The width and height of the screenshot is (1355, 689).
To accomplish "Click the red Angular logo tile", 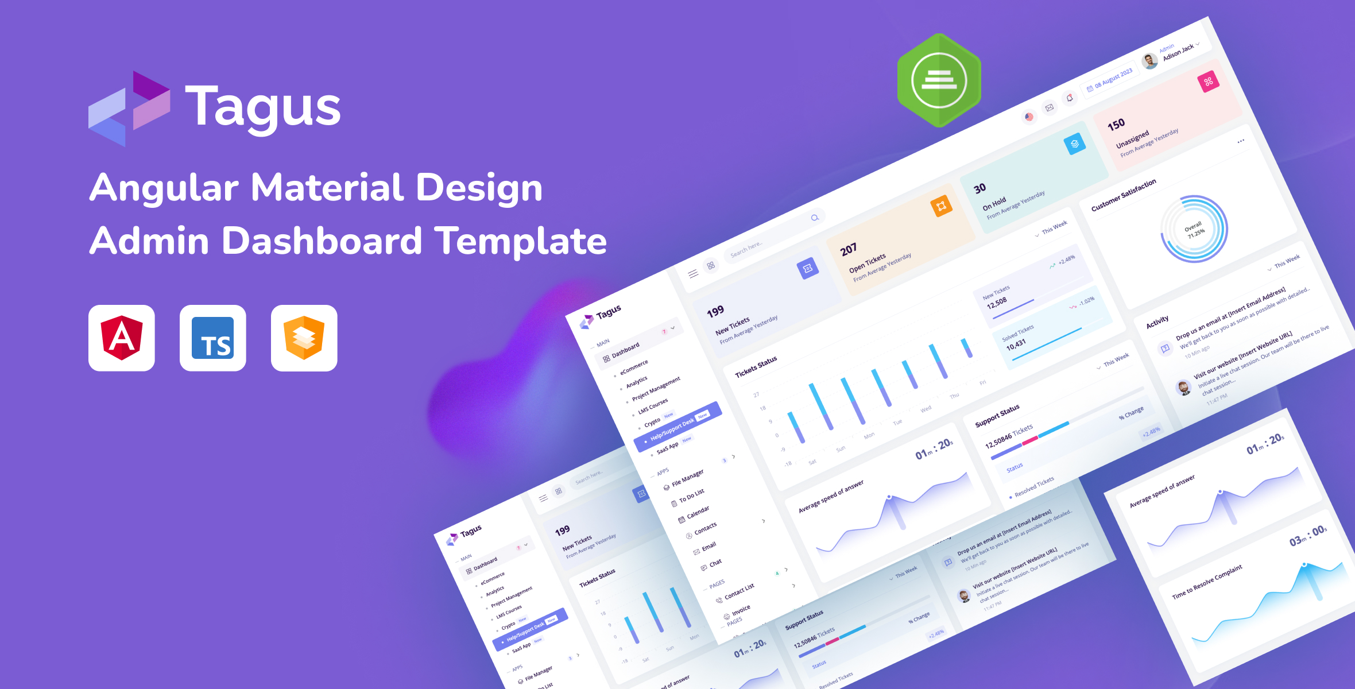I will [121, 338].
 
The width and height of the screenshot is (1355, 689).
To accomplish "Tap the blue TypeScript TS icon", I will [212, 338].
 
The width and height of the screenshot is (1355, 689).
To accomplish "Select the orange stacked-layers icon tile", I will [304, 338].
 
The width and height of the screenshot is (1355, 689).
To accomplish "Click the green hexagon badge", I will [939, 80].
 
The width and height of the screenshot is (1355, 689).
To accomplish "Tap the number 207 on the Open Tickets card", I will [848, 250].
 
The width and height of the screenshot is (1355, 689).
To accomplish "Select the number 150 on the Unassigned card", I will [1116, 125].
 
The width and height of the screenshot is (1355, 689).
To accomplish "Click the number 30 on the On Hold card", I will [980, 188].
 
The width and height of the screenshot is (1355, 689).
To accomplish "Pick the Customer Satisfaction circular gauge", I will [1194, 229].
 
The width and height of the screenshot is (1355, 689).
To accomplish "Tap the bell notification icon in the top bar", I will [1069, 98].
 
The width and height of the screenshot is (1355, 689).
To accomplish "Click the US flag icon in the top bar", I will [1029, 117].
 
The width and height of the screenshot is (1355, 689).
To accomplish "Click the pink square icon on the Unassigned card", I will [1208, 82].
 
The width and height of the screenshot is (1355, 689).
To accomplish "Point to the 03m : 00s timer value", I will [1308, 536].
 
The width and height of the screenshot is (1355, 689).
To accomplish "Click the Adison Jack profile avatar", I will [1149, 61].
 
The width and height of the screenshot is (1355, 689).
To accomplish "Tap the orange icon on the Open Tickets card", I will [941, 206].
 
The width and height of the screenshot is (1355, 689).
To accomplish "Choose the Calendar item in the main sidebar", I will [697, 512].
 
